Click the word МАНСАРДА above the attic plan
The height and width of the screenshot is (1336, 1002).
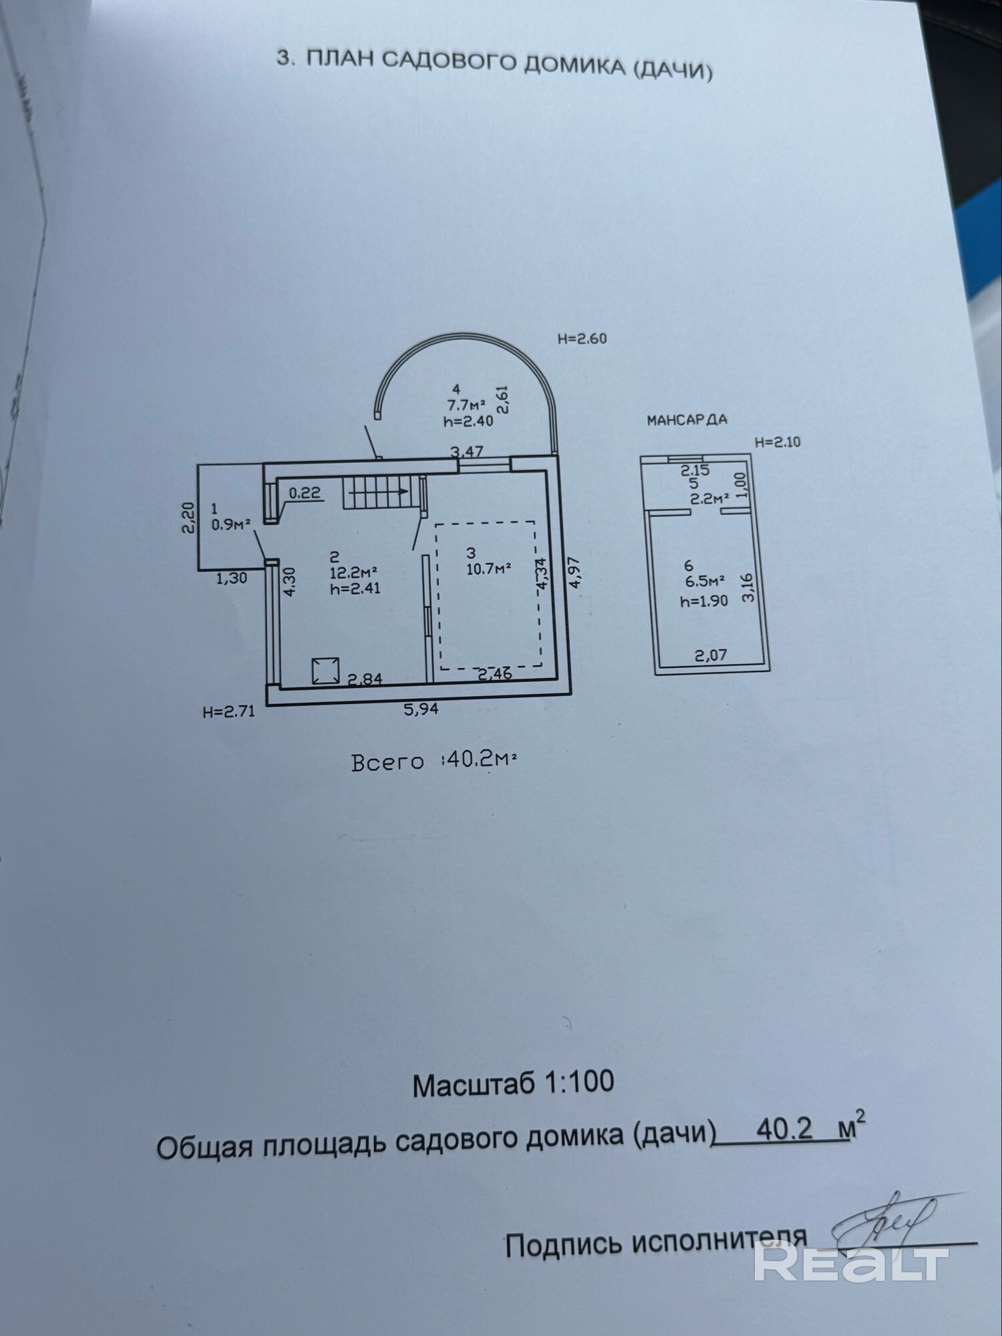pyautogui.click(x=687, y=420)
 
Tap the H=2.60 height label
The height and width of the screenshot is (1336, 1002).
pyautogui.click(x=582, y=339)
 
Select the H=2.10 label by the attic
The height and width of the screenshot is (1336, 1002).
pyautogui.click(x=777, y=442)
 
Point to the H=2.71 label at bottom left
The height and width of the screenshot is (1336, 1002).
pyautogui.click(x=229, y=712)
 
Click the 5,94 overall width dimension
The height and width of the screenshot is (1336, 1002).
pyautogui.click(x=421, y=709)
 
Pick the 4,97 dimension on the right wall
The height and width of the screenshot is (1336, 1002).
pyautogui.click(x=575, y=572)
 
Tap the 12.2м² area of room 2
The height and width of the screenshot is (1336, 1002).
pyautogui.click(x=353, y=572)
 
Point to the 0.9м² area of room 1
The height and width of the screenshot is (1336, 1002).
pyautogui.click(x=231, y=524)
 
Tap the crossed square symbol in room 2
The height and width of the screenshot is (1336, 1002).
pyautogui.click(x=325, y=671)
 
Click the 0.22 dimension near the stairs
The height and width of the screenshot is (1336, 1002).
pyautogui.click(x=305, y=493)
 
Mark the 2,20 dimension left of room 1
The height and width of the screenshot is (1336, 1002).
pyautogui.click(x=188, y=518)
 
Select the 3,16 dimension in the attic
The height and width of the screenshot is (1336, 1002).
pyautogui.click(x=748, y=588)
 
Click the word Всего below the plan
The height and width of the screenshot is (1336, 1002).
pyautogui.click(x=387, y=762)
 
